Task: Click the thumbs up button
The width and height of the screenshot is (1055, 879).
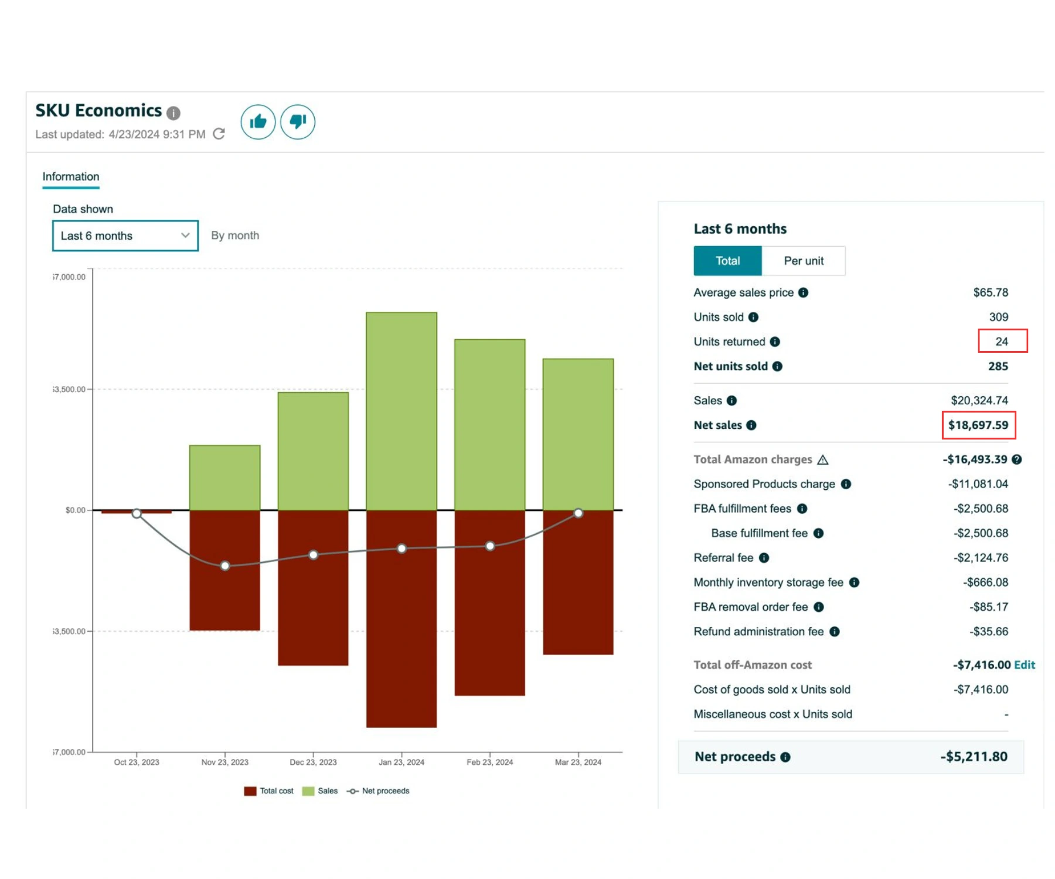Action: pos(258,122)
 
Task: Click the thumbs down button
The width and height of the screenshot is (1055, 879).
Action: pos(298,122)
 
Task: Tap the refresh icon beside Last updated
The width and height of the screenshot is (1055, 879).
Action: pos(219,134)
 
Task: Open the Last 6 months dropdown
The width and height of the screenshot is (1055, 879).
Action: pos(125,236)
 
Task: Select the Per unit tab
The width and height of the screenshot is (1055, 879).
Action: pos(804,261)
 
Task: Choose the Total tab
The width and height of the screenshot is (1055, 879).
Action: pos(727,261)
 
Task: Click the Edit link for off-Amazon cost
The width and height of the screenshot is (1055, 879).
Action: pos(1025,665)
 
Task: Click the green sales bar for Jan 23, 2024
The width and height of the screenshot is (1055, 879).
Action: pos(401,411)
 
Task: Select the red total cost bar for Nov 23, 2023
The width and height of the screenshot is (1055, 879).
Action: pos(224,570)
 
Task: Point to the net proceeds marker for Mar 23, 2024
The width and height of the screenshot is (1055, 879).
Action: pos(578,513)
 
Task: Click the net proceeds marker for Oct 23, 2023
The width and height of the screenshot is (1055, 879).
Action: pos(137,514)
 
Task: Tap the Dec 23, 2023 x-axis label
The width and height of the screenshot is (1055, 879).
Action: pos(313,762)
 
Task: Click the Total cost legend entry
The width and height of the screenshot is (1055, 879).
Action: pos(268,791)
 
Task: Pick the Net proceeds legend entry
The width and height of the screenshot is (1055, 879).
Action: pos(378,791)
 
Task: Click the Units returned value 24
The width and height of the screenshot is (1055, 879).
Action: pos(1002,342)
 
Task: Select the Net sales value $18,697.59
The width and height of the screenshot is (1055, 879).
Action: pos(978,425)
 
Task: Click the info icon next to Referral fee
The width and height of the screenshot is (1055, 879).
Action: pos(764,558)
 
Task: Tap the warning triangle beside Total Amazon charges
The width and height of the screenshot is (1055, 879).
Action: pos(823,459)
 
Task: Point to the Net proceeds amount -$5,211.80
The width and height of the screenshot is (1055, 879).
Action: pos(974,757)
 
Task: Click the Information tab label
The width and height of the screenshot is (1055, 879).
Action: pos(71,176)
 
